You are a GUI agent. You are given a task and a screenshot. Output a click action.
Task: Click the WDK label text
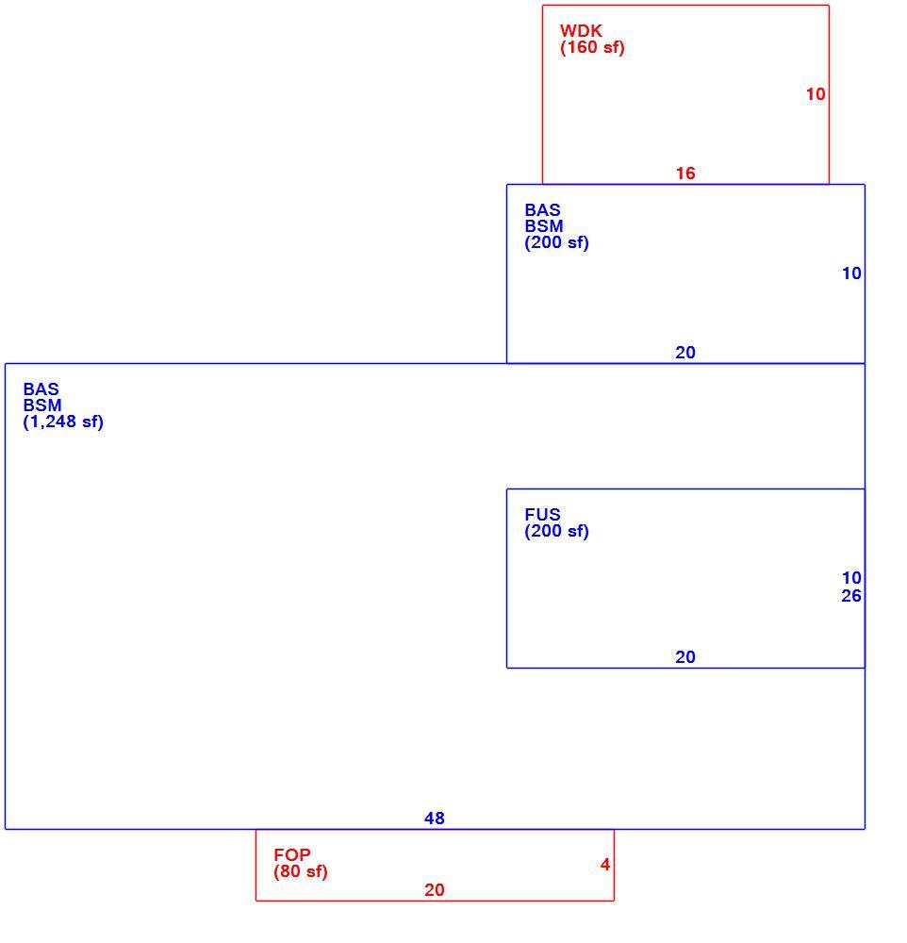click(581, 31)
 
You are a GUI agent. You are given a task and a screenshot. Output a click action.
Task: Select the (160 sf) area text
click(592, 47)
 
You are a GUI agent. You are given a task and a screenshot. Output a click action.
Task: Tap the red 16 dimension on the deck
click(685, 174)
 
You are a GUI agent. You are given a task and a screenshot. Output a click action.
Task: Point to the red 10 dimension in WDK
click(816, 93)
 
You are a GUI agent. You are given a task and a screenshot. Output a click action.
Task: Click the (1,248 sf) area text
click(63, 422)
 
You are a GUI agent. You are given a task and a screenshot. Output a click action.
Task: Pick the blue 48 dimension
click(435, 818)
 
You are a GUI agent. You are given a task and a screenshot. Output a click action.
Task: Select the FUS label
click(542, 514)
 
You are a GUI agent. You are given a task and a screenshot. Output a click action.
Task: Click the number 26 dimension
click(851, 596)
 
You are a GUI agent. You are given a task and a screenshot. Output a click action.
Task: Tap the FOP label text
click(292, 854)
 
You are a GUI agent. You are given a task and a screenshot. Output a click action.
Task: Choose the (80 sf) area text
click(301, 871)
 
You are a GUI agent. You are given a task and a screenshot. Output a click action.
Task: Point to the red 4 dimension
click(605, 864)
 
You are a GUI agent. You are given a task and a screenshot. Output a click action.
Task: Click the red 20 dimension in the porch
click(435, 889)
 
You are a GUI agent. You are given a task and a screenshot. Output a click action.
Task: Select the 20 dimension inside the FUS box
click(685, 656)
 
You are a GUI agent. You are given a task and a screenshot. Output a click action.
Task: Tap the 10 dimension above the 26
click(851, 578)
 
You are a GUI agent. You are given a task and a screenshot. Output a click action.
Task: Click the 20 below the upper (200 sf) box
click(685, 353)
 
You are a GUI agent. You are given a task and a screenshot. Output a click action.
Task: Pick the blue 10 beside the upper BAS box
click(851, 273)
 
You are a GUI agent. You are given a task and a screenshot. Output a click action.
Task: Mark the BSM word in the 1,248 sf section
click(42, 405)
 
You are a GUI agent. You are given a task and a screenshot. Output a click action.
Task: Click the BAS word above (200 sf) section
click(542, 210)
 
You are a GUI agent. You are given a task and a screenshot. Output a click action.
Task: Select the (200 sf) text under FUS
click(557, 531)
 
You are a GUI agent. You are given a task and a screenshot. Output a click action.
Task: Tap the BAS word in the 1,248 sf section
click(41, 389)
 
